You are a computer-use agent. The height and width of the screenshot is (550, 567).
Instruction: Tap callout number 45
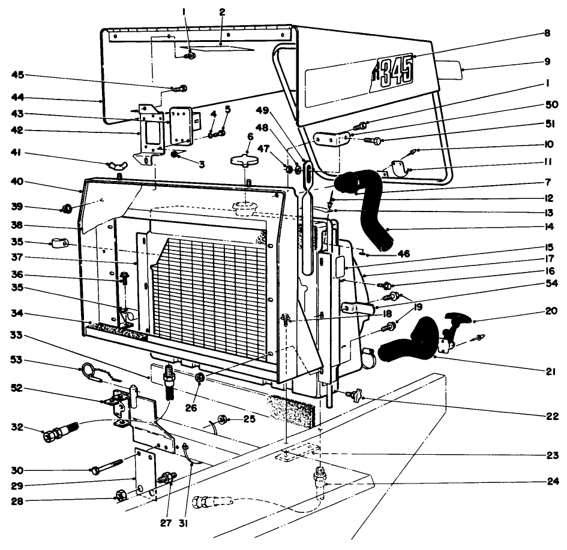[18, 75]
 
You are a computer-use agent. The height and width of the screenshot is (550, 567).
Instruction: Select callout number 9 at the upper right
[547, 61]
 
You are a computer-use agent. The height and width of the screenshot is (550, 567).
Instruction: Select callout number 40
[18, 183]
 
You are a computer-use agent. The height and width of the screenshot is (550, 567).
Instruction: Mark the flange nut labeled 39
[67, 209]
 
